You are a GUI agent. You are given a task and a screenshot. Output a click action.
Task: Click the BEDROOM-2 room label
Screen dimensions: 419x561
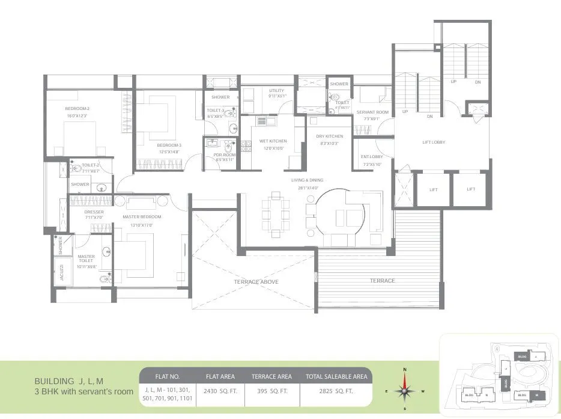click(77, 108)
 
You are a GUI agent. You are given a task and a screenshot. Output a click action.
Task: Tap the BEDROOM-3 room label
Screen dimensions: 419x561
click(169, 145)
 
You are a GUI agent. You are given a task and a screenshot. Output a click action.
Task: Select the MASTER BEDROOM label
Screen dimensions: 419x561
click(142, 216)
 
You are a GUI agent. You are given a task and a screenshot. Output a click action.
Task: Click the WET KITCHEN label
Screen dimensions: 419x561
click(273, 141)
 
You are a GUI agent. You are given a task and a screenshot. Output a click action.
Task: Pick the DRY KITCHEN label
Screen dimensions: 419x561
click(330, 136)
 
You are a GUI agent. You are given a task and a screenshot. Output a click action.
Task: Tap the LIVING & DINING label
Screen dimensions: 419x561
click(307, 180)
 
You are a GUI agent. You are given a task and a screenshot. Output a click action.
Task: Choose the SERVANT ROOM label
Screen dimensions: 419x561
click(372, 112)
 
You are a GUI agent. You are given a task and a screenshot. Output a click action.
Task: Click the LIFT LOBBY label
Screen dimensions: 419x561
click(433, 142)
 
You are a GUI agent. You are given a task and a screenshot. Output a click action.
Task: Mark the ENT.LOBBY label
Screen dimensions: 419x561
click(372, 157)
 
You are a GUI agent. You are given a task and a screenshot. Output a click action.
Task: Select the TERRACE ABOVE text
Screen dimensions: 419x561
click(256, 281)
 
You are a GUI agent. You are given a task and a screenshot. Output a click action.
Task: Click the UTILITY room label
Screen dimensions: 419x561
click(277, 91)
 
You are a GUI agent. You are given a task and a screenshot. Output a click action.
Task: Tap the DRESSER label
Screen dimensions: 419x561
click(94, 212)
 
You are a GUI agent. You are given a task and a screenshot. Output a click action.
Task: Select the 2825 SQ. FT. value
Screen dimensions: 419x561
click(336, 391)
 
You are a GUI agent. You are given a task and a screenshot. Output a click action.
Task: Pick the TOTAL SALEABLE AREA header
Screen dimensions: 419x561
click(336, 377)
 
